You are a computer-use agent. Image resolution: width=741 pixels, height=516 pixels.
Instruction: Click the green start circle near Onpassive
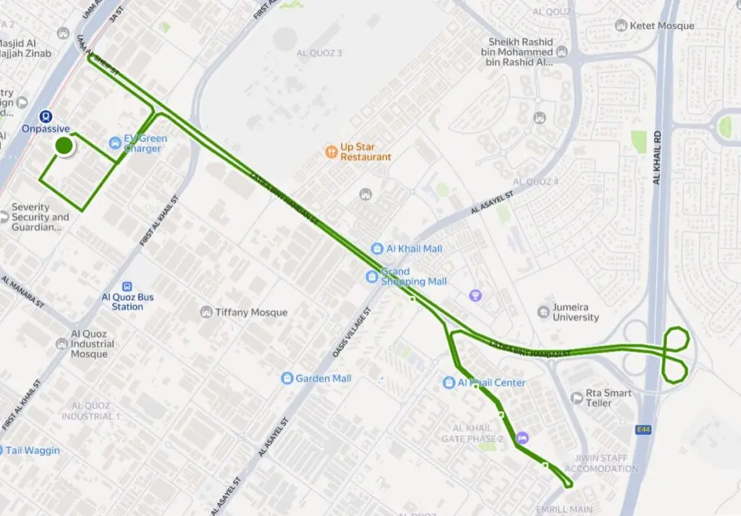64,145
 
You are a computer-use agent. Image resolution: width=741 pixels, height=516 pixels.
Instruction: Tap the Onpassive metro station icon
46,116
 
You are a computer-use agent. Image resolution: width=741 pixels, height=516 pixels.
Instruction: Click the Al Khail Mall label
414,249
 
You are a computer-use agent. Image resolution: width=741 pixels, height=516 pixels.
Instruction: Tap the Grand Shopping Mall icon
371,276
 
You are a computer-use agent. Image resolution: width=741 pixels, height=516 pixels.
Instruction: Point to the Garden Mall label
323,378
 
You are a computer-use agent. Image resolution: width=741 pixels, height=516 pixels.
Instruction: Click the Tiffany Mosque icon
206,312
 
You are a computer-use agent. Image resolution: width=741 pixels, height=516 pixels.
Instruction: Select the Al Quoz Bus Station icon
127,286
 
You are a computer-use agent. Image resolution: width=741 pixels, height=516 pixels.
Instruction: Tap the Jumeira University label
575,312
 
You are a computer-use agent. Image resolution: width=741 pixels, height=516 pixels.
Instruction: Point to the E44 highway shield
643,430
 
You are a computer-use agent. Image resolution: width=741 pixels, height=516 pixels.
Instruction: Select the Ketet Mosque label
662,26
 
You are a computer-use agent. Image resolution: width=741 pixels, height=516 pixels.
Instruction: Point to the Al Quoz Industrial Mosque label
93,344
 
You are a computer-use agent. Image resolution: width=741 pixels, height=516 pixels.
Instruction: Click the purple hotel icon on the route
522,438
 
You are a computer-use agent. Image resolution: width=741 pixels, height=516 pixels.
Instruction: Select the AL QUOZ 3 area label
319,53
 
